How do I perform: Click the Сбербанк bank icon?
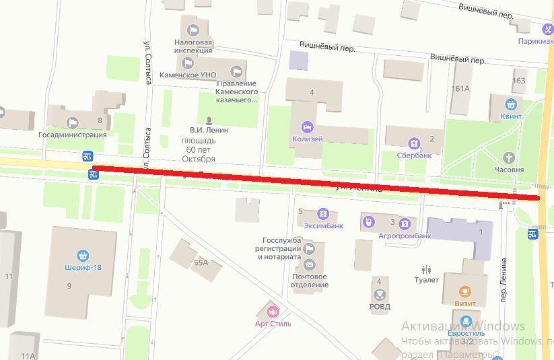[413, 143]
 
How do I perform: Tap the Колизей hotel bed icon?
[307, 127]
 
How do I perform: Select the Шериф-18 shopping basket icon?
[83, 255]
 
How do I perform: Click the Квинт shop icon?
[512, 104]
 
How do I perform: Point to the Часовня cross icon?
[510, 157]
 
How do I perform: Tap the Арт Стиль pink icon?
[273, 312]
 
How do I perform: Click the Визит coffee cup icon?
[464, 291]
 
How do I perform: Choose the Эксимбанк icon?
[323, 214]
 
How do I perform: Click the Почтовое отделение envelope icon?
[309, 264]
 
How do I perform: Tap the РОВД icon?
[380, 294]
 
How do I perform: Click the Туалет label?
[427, 280]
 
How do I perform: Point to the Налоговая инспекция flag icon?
[193, 30]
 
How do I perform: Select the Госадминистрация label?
[73, 134]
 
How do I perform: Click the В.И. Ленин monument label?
[209, 130]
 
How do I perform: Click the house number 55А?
[200, 262]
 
